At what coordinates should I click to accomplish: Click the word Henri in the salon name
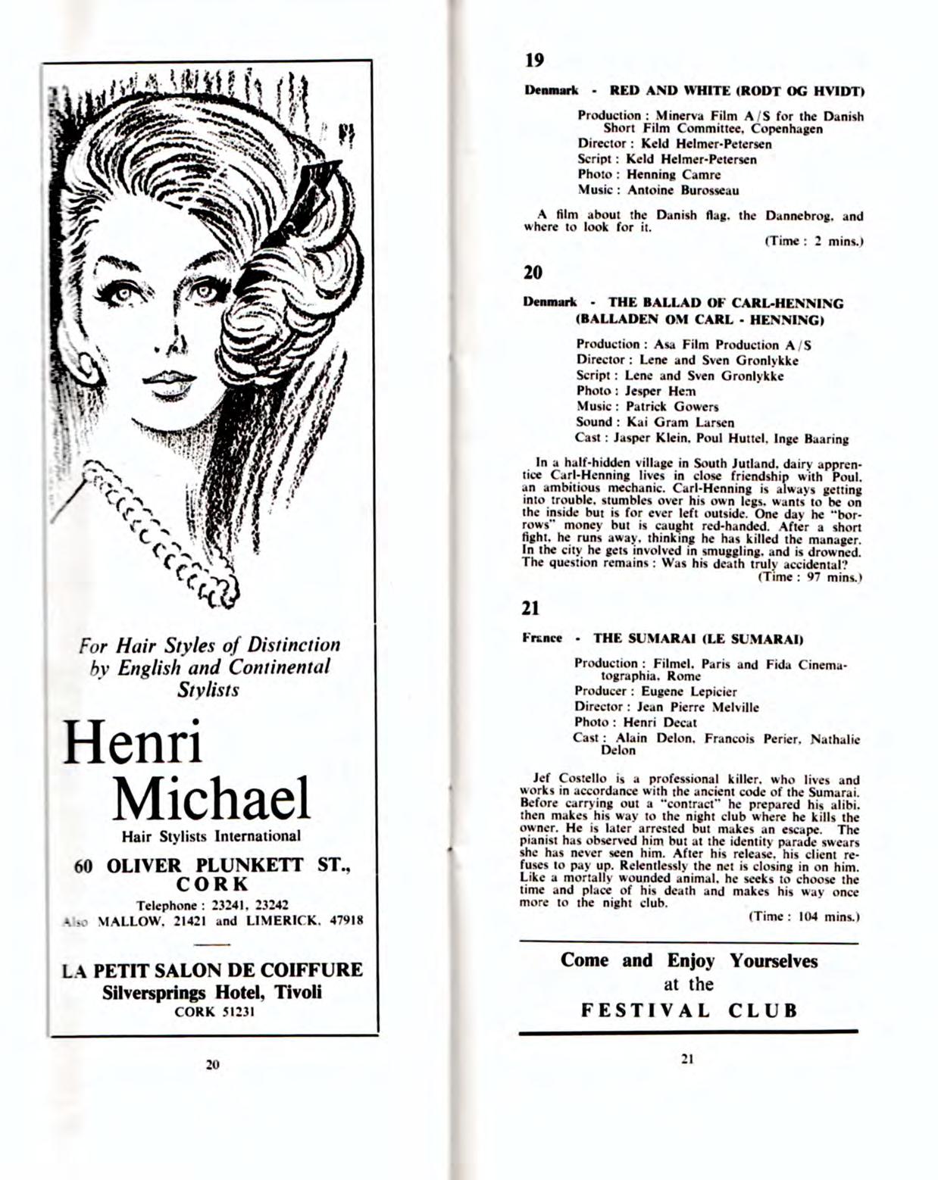click(133, 742)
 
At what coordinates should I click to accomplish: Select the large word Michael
click(211, 798)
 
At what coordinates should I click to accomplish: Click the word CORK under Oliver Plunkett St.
click(211, 885)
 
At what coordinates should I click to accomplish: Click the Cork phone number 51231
click(232, 1011)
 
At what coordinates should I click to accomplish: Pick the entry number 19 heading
click(534, 60)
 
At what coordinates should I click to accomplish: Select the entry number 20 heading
click(533, 272)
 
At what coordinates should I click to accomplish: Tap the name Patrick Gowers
click(671, 407)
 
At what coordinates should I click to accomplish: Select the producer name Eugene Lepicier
click(689, 691)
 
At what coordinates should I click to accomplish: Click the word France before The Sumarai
click(542, 638)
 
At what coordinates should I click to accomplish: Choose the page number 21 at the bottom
click(687, 1059)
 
